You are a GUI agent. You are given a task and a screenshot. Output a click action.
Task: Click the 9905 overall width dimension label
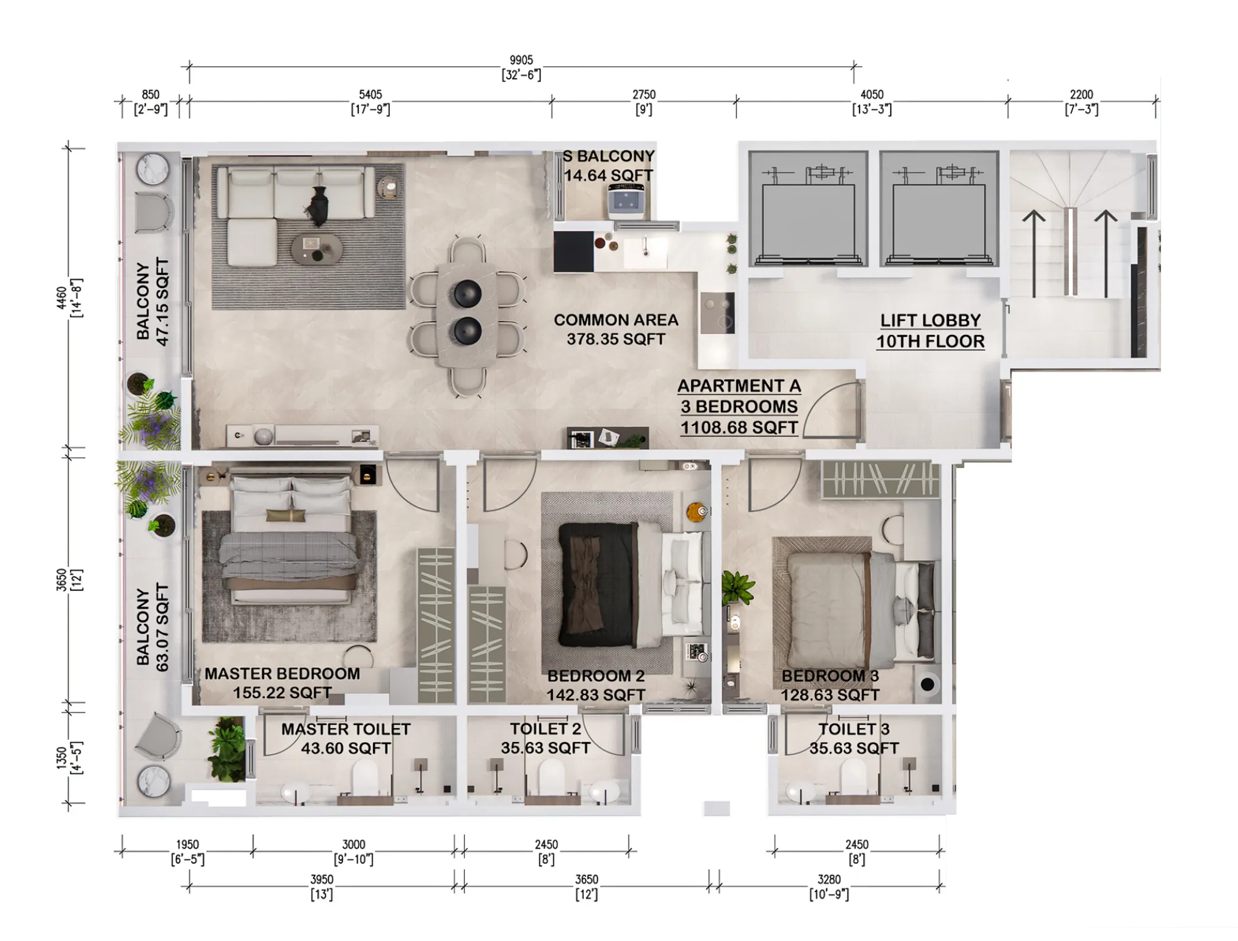[521, 67]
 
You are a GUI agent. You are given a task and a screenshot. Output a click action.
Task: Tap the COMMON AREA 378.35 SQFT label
[615, 330]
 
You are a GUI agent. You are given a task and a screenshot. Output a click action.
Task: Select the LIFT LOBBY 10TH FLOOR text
[930, 331]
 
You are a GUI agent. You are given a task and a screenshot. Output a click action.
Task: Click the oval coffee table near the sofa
[316, 249]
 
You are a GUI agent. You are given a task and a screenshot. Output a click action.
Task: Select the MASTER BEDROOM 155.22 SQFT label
[282, 683]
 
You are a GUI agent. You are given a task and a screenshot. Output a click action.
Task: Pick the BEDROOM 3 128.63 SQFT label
[830, 685]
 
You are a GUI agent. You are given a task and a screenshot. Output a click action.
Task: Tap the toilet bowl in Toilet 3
[853, 781]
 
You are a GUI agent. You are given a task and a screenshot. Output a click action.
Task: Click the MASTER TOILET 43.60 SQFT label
[346, 738]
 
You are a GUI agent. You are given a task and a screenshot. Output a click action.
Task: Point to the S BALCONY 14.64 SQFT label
[608, 166]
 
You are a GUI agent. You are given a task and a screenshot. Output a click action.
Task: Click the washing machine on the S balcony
[628, 202]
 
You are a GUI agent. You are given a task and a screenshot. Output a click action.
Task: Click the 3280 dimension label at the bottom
[828, 886]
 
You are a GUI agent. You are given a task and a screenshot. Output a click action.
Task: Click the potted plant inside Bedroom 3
[737, 587]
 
